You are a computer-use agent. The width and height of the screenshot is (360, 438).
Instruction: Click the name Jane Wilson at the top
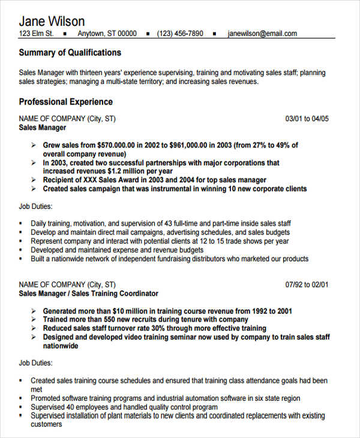(x=52, y=22)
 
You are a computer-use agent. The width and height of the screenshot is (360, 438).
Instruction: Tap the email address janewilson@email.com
(x=262, y=34)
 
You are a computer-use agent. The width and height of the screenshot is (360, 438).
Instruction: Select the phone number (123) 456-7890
(x=180, y=34)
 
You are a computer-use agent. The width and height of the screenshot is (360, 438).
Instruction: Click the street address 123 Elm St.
(x=37, y=34)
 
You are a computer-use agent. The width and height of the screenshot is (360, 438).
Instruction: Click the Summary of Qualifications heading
(x=70, y=52)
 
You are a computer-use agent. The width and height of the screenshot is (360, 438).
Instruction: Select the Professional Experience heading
(x=65, y=101)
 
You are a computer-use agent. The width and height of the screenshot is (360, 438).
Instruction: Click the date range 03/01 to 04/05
(x=307, y=119)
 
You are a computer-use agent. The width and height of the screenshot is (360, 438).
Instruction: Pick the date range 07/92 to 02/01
(x=307, y=284)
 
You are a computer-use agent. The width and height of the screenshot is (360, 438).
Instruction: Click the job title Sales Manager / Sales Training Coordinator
(x=89, y=293)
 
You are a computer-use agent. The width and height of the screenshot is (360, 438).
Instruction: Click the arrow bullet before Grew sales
(x=33, y=145)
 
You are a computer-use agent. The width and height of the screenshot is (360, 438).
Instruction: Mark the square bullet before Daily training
(x=21, y=224)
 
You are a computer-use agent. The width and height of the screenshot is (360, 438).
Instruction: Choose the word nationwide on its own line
(x=61, y=346)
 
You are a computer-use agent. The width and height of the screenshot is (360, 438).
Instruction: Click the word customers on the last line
(x=46, y=424)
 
